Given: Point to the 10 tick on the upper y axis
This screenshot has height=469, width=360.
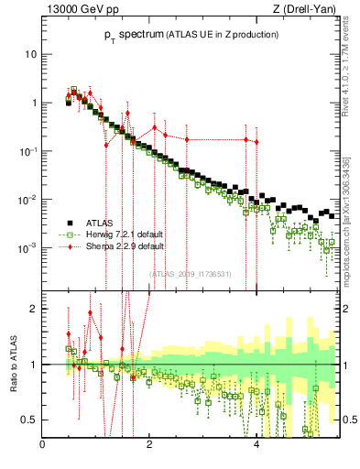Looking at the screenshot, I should (31, 54).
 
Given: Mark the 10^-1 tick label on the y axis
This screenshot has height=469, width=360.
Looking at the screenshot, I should (27, 150).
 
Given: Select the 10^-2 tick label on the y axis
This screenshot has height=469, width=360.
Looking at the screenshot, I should (27, 199).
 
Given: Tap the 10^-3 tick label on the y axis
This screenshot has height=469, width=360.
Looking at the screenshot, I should (27, 247).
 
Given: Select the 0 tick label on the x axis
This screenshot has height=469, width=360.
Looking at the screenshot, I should (43, 445).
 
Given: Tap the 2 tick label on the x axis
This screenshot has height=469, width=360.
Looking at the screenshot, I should (150, 445).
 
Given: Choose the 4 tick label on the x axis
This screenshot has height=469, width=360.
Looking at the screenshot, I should (256, 445).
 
